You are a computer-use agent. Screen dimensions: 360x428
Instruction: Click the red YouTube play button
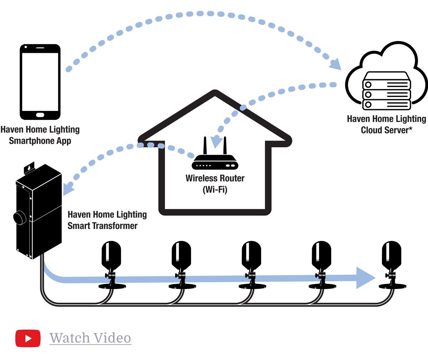click(28, 338)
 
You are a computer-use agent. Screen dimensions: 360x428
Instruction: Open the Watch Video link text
click(90, 338)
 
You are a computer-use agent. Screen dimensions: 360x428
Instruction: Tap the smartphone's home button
click(40, 115)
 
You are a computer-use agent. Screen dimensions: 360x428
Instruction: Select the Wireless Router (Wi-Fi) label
click(215, 183)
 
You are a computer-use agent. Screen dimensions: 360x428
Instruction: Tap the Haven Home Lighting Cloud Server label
click(387, 124)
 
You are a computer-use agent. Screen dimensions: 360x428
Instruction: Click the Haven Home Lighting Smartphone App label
click(40, 135)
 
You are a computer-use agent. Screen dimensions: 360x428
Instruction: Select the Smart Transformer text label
click(107, 220)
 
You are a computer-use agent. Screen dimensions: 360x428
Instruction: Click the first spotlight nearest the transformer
click(112, 264)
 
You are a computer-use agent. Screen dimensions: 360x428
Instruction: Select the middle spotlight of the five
click(251, 264)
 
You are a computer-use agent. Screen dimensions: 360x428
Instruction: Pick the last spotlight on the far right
click(392, 264)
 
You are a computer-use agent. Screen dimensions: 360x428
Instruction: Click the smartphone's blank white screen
click(40, 81)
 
